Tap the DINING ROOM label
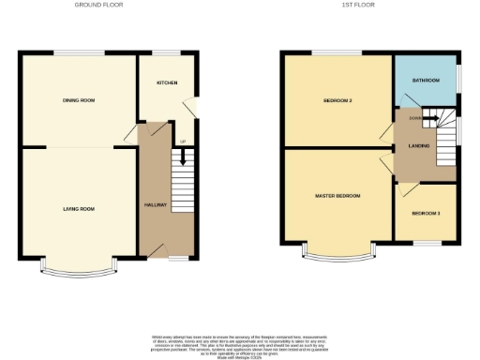coord(79,99)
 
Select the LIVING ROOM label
coord(79,209)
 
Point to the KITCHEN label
coord(166,82)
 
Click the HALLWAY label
coord(155,204)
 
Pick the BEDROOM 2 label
coord(337,99)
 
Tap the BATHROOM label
coord(425,81)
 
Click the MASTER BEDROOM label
coord(337,196)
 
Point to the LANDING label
coord(417,144)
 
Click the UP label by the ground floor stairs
coord(182,142)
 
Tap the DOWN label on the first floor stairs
coord(413,118)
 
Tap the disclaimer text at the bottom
coord(239,343)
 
